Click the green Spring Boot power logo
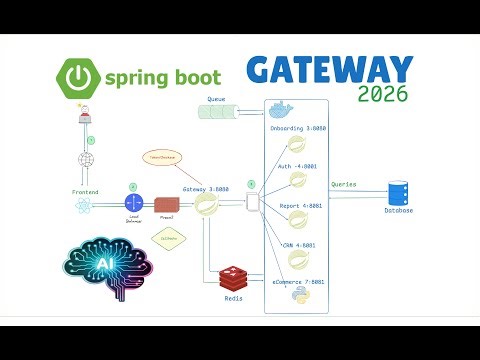pyautogui.click(x=77, y=74)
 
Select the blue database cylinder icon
pyautogui.click(x=399, y=191)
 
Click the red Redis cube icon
pyautogui.click(x=231, y=277)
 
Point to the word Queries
pyautogui.click(x=345, y=185)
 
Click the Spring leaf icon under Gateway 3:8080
pyautogui.click(x=208, y=205)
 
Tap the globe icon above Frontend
pyautogui.click(x=85, y=160)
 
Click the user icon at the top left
pyautogui.click(x=85, y=118)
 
